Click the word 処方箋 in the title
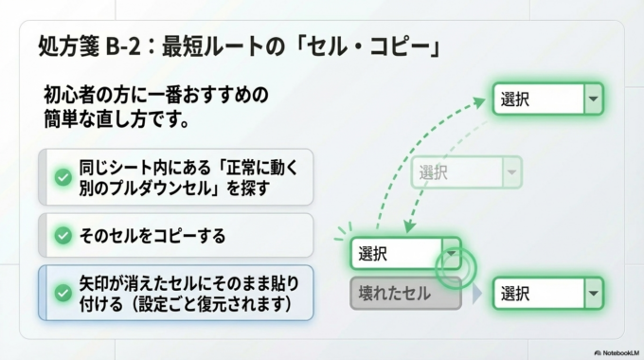coord(63,45)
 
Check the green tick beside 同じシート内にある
coord(63,177)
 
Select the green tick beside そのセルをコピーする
coord(63,235)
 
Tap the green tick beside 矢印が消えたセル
coord(63,293)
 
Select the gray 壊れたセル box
coord(404,294)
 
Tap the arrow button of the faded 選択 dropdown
coord(511,172)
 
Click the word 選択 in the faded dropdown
coord(434,172)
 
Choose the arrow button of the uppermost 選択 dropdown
coord(593,99)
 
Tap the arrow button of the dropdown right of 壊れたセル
coord(593,293)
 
